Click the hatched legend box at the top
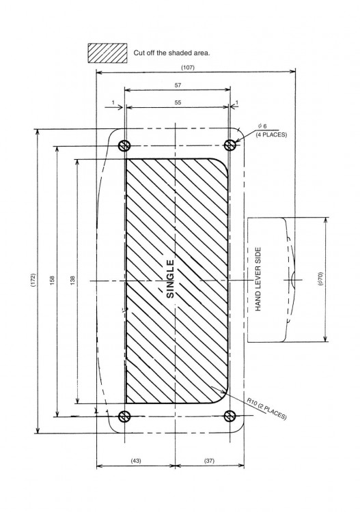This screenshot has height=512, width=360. click(x=107, y=52)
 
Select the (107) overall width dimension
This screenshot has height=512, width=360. click(x=187, y=67)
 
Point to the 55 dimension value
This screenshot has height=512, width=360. click(x=177, y=101)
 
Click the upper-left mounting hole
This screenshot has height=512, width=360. click(x=125, y=145)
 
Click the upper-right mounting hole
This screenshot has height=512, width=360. click(x=230, y=145)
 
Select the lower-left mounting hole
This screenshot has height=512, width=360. click(x=125, y=416)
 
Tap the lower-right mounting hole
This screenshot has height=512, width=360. click(x=230, y=416)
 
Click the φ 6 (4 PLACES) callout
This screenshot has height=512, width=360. click(x=271, y=131)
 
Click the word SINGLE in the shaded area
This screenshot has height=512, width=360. click(x=171, y=279)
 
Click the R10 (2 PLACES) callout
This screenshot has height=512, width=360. click(x=266, y=408)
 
